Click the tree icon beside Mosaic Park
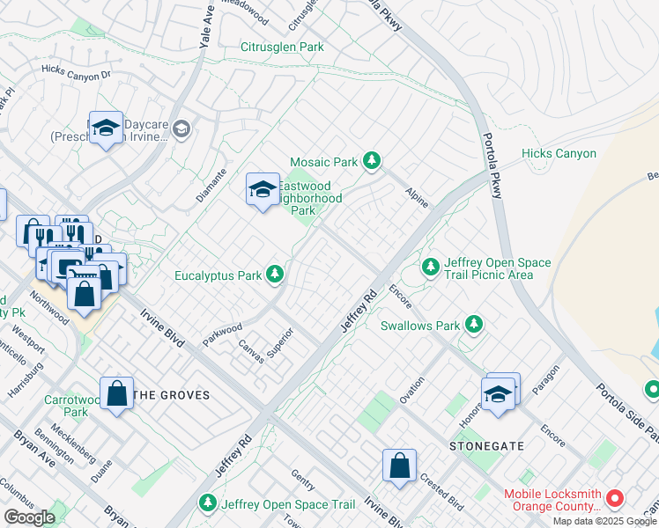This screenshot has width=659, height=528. [x=372, y=161]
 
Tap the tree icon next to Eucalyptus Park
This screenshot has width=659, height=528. [x=276, y=275]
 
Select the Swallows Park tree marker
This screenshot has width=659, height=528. [x=475, y=325]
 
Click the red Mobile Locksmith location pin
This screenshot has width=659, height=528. [x=615, y=499]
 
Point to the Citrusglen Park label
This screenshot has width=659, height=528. [x=282, y=47]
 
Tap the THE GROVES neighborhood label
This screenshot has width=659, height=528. [x=173, y=395]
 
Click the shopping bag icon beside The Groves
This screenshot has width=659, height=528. [x=116, y=394]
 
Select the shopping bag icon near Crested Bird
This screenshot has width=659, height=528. [x=399, y=466]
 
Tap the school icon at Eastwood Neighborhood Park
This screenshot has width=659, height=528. [x=262, y=189]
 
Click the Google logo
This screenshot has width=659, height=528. [x=30, y=517]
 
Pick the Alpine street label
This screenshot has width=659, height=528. [x=417, y=197]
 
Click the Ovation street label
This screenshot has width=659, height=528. [x=411, y=390]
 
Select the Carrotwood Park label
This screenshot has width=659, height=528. [x=67, y=405]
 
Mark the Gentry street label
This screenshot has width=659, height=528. [x=303, y=480]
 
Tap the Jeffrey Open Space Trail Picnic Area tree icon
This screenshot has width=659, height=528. [x=430, y=265]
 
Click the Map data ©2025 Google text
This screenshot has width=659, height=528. [x=604, y=520]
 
